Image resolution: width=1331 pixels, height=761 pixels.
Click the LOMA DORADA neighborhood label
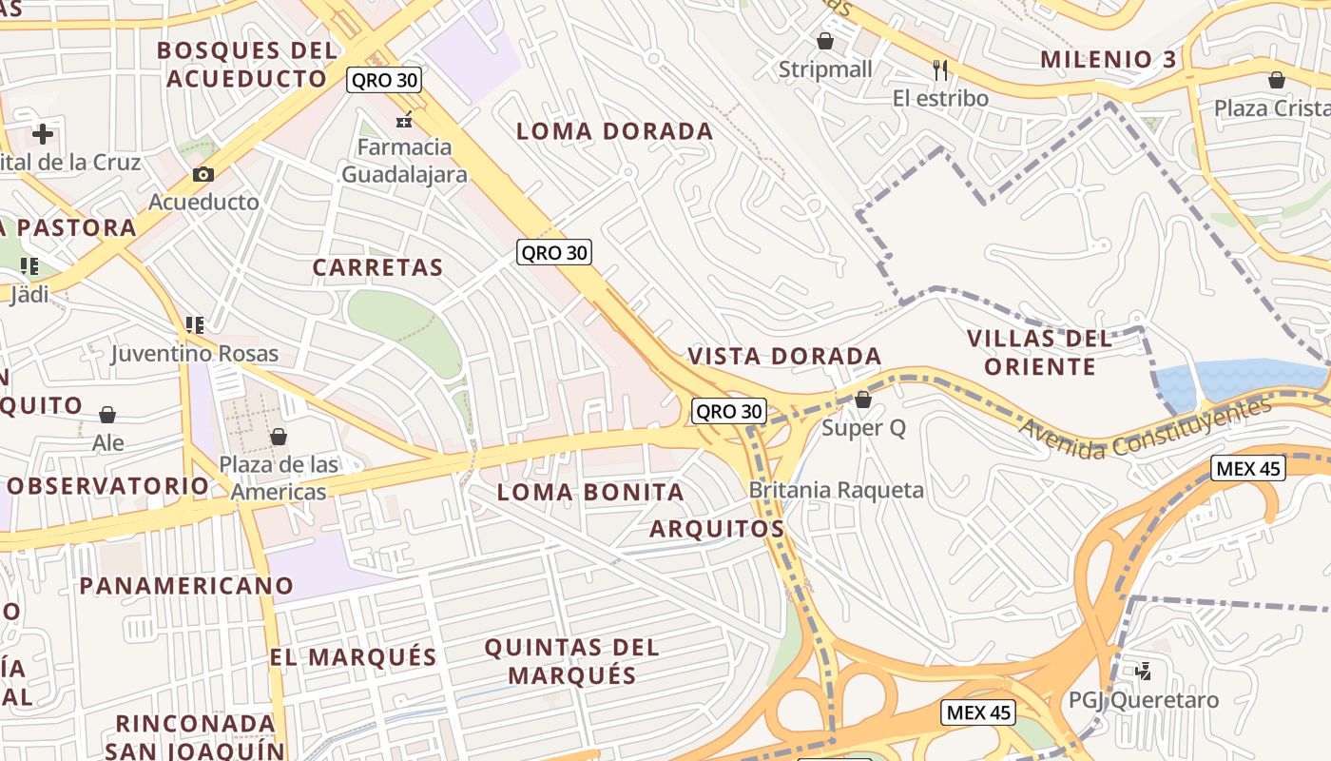pyautogui.click(x=614, y=131)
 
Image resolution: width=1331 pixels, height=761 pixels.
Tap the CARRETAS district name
pyautogui.click(x=378, y=268)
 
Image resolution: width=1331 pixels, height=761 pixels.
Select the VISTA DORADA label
pyautogui.click(x=784, y=357)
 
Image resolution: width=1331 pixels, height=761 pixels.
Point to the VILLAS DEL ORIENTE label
pyautogui.click(x=1039, y=352)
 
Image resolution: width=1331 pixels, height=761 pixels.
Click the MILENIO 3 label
pyautogui.click(x=1109, y=60)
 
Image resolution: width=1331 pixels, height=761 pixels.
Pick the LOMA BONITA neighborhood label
pyautogui.click(x=590, y=493)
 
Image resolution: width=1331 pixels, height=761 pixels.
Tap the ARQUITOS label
pyautogui.click(x=717, y=529)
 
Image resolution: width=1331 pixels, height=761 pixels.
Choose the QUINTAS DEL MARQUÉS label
pyautogui.click(x=572, y=661)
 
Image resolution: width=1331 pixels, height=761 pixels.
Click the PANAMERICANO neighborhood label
pyautogui.click(x=186, y=586)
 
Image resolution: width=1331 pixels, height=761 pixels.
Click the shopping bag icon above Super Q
pyautogui.click(x=863, y=400)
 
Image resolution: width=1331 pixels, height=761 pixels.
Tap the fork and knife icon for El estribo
pyautogui.click(x=940, y=69)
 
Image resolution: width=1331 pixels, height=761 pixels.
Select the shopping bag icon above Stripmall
pyautogui.click(x=824, y=41)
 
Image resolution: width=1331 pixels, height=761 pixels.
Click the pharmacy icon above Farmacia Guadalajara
pyautogui.click(x=404, y=121)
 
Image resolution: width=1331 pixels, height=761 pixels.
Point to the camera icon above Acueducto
pyautogui.click(x=203, y=174)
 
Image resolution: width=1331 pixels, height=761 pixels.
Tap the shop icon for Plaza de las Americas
pyautogui.click(x=279, y=437)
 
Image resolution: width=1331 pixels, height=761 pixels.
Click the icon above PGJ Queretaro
pyautogui.click(x=1144, y=672)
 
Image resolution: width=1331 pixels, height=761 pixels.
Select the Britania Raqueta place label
pyautogui.click(x=837, y=491)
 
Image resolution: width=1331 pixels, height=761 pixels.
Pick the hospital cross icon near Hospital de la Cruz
pyautogui.click(x=43, y=134)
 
